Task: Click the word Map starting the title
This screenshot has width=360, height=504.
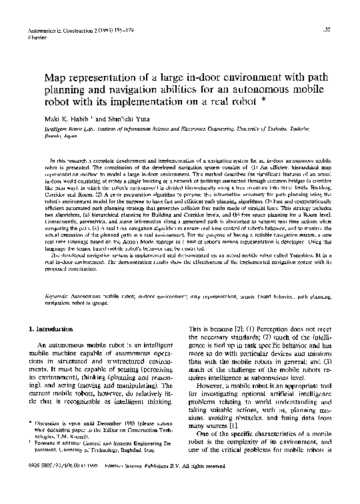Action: coord(56,80)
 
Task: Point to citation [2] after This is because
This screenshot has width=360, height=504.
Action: coord(241,329)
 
